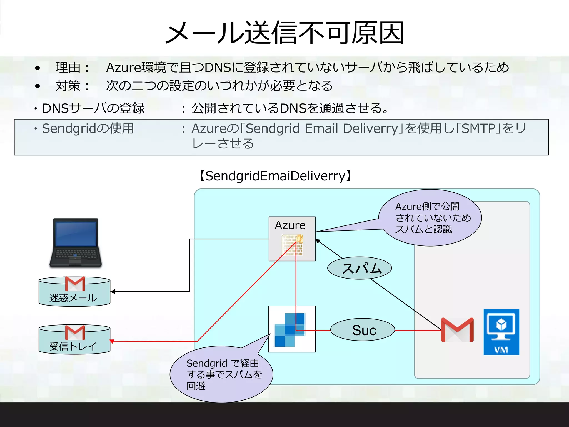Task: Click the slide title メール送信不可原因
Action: (x=284, y=33)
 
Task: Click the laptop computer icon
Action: (x=76, y=243)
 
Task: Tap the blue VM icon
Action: (x=501, y=332)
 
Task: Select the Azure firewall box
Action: (x=292, y=239)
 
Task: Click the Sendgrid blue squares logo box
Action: (x=292, y=329)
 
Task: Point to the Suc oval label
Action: (x=363, y=330)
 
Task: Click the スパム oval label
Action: (x=360, y=268)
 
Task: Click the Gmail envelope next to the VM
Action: (x=457, y=330)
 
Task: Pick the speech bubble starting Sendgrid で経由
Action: (x=222, y=374)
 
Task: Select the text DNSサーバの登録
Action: (x=93, y=108)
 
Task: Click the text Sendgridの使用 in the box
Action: (x=88, y=128)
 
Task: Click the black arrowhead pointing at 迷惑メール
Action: (x=113, y=292)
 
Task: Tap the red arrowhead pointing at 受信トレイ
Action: (x=112, y=341)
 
